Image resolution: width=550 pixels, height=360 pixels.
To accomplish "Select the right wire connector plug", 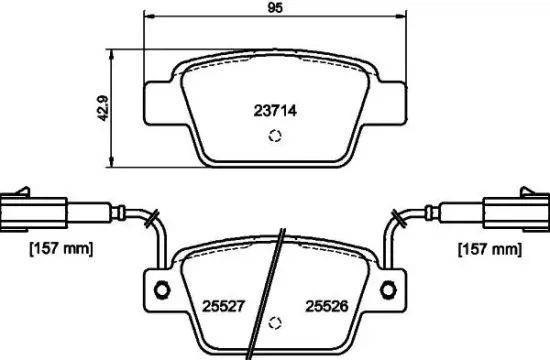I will [x=512, y=209].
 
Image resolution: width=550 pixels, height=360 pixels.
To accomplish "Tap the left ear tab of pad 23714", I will [x=158, y=100].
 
